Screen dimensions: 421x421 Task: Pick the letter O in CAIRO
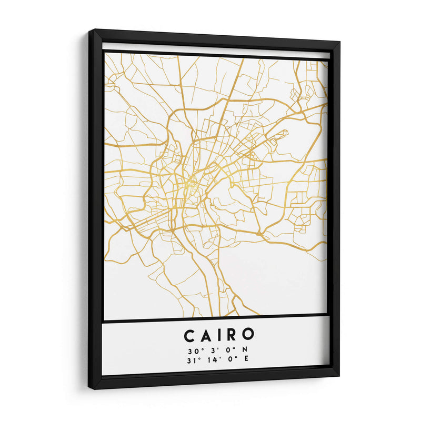pyautogui.click(x=248, y=335)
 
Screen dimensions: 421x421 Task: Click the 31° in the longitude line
pyautogui.click(x=191, y=360)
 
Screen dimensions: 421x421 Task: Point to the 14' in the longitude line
pyautogui.click(x=212, y=360)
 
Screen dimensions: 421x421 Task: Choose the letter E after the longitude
pyautogui.click(x=245, y=360)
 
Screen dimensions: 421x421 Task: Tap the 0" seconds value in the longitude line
pyautogui.click(x=230, y=360)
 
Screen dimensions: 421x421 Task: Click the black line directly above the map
pyautogui.click(x=216, y=55)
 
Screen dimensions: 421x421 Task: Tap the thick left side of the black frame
pyautogui.click(x=95, y=210)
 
